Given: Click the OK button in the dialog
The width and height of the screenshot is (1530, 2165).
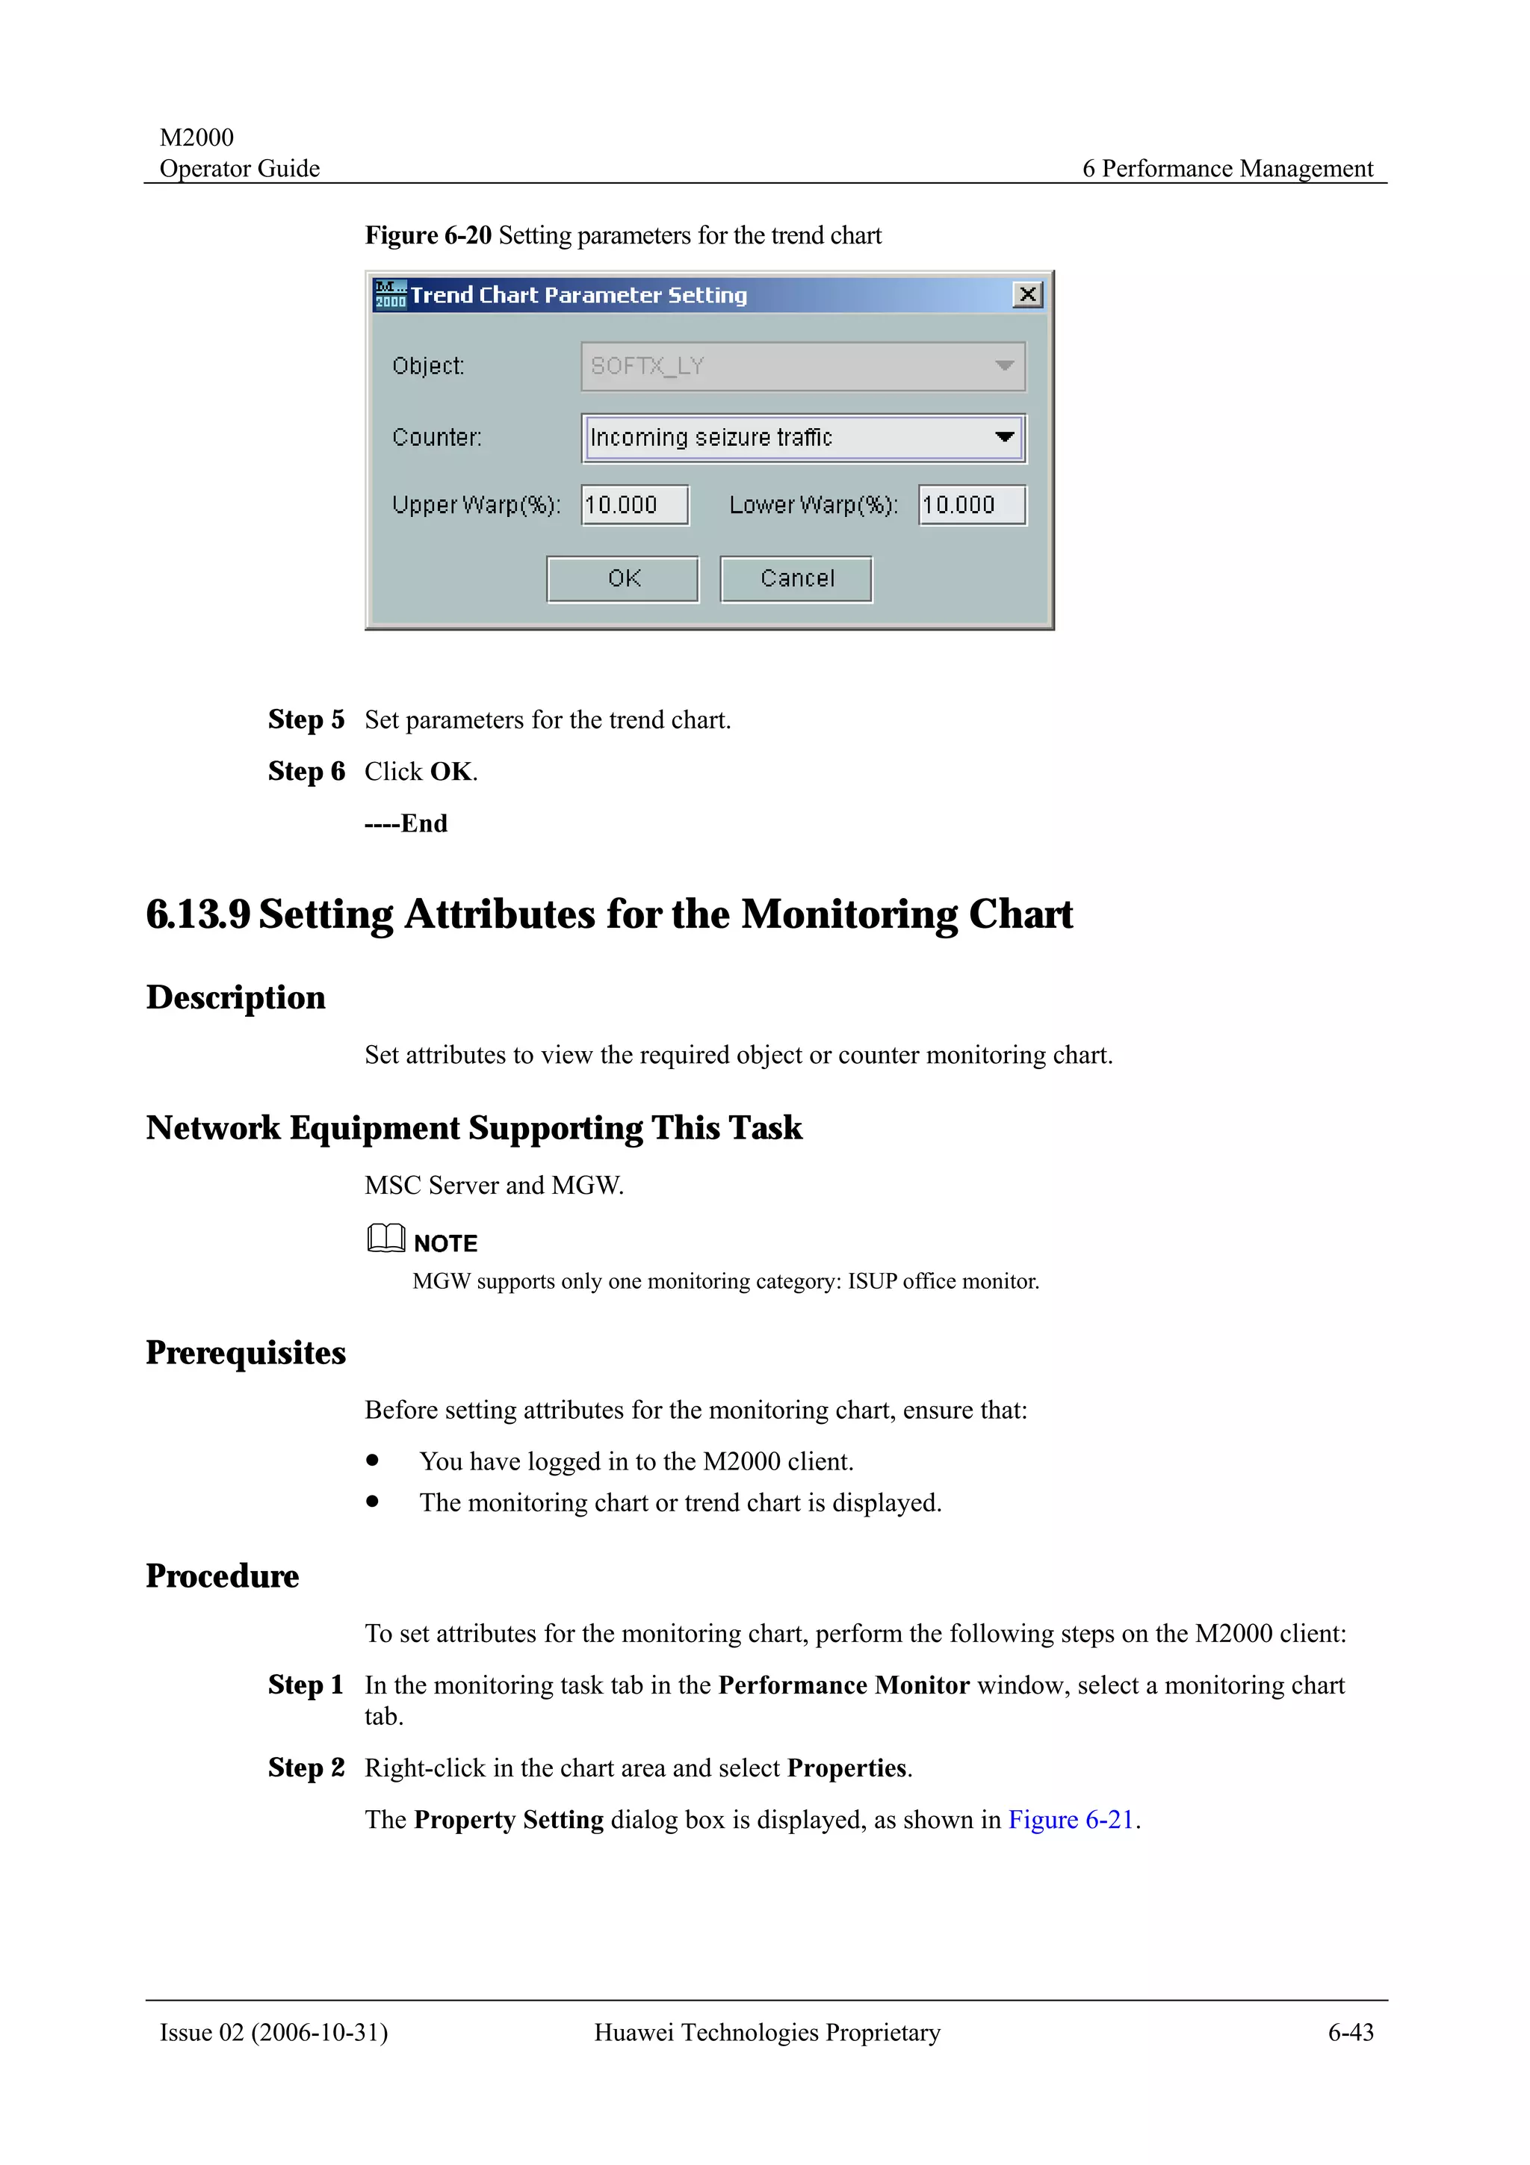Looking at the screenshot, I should (x=622, y=578).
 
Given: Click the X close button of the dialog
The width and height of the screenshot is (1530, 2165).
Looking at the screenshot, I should (x=1026, y=295).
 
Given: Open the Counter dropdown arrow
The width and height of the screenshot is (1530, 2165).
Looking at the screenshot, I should (x=1004, y=438).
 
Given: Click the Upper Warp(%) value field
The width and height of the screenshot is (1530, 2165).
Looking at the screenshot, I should (x=634, y=506).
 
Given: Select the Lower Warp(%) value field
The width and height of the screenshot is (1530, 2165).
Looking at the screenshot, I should (x=971, y=506).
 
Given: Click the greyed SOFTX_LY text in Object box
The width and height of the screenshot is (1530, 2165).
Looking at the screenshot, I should (x=648, y=366).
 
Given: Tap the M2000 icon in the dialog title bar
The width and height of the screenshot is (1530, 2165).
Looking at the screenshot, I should (x=390, y=295).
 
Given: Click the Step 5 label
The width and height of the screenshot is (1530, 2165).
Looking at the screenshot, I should (x=306, y=719).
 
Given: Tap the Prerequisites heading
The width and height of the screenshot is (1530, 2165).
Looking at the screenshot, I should (x=246, y=1352).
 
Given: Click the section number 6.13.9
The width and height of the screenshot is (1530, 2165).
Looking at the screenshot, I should (x=198, y=914).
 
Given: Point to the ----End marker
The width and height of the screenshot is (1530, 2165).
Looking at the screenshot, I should (x=406, y=823).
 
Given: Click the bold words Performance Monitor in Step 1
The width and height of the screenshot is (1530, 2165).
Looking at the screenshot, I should (x=843, y=1685).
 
